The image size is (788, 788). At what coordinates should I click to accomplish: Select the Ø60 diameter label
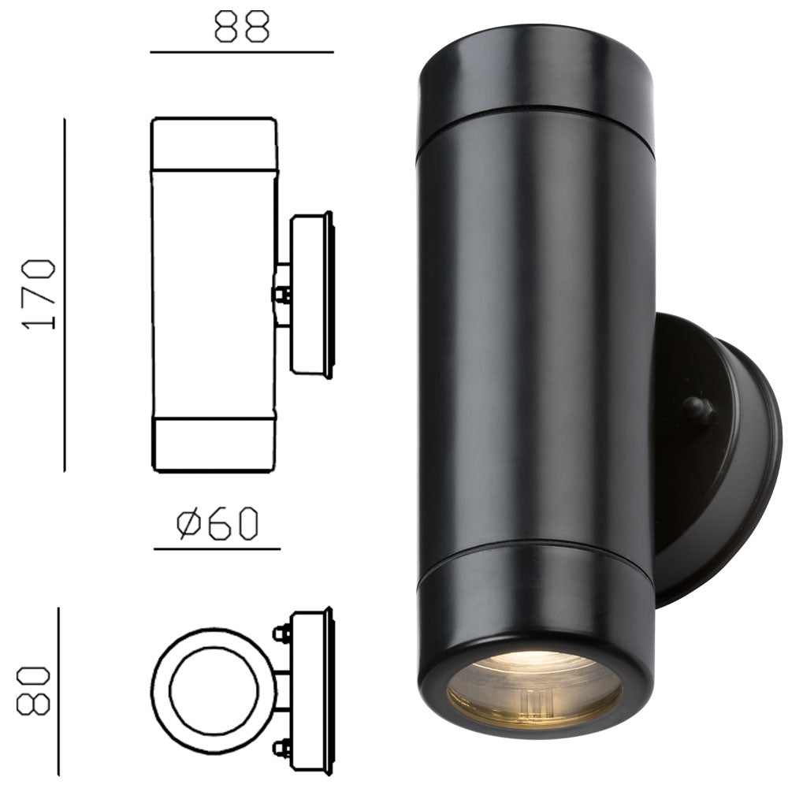(x=217, y=524)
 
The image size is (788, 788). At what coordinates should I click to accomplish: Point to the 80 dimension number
(x=36, y=691)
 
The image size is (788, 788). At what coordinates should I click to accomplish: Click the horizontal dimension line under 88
(x=242, y=52)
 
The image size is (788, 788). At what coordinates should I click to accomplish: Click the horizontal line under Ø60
(x=217, y=548)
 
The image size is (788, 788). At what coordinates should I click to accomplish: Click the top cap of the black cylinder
(x=536, y=71)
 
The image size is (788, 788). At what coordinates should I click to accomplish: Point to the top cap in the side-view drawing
(x=214, y=143)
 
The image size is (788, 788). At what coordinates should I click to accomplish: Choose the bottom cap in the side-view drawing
(x=214, y=444)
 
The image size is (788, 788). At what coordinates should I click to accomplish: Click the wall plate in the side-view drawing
(x=312, y=295)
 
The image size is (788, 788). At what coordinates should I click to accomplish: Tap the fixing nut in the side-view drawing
(x=280, y=295)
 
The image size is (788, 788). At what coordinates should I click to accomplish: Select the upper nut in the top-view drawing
(x=280, y=633)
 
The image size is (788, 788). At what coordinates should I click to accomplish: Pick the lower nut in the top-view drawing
(x=280, y=747)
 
